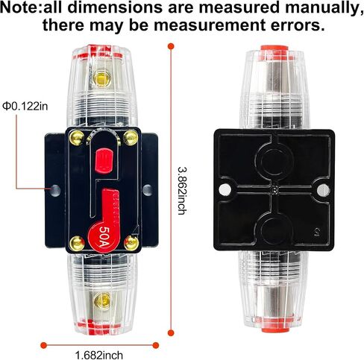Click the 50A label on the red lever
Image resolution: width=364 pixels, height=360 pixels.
104,236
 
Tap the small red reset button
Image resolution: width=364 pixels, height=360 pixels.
104,160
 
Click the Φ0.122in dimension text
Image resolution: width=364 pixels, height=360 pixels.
25,107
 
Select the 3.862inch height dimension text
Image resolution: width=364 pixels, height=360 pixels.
182,191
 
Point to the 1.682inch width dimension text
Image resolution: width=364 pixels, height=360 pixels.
99,355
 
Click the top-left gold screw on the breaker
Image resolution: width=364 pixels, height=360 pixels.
77,137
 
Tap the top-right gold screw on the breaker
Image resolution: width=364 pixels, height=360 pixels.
131,137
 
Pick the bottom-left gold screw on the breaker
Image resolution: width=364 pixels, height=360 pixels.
77,244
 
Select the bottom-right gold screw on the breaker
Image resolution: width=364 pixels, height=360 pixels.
131,243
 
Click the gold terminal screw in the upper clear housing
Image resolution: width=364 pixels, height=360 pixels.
101,78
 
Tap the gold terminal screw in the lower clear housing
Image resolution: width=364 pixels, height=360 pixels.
102,301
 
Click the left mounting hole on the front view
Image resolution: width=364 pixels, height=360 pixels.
55,191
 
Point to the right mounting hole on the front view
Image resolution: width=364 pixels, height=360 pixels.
148,190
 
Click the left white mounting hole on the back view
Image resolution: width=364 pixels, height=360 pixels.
225,190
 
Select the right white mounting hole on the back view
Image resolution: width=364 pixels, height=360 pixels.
324,190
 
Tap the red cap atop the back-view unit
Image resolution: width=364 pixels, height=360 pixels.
274,49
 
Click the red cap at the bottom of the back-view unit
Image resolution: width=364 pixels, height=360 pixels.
275,329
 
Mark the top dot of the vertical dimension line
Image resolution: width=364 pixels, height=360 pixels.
171,46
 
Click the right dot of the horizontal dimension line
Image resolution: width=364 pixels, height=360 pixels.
156,345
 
